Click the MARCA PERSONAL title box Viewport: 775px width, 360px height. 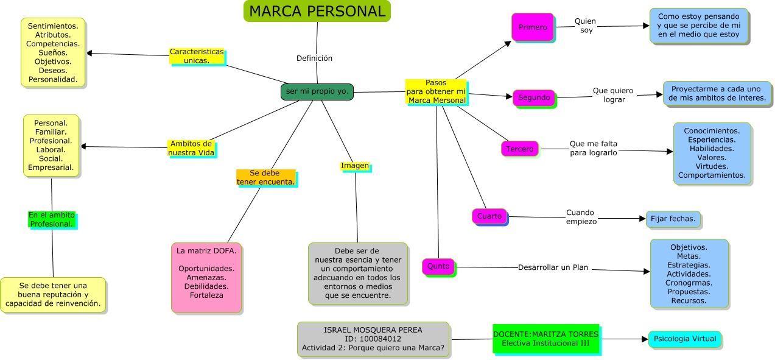(317, 12)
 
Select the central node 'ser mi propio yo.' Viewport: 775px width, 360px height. (317, 91)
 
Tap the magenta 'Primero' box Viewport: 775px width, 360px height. (533, 27)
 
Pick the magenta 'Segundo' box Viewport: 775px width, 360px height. (534, 97)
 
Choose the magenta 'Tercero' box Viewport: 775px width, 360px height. (519, 149)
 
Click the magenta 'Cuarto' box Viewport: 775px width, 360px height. (489, 216)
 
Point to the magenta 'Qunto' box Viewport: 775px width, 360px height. (438, 266)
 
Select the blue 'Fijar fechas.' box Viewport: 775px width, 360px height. (673, 219)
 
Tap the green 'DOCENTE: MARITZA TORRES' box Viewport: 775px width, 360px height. (545, 339)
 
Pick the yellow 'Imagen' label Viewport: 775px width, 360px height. (354, 166)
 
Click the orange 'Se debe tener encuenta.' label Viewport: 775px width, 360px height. (265, 177)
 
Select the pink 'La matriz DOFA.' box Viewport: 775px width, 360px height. (206, 277)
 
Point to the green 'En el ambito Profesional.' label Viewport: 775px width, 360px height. (52, 219)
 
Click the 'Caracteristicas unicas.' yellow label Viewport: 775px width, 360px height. (197, 56)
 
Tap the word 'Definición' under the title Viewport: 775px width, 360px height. (314, 58)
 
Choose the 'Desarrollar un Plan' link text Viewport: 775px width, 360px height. (553, 267)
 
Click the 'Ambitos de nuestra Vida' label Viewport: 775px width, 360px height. (191, 148)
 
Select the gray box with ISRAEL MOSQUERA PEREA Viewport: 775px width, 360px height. (373, 339)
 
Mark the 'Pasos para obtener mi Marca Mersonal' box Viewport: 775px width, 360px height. (436, 91)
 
